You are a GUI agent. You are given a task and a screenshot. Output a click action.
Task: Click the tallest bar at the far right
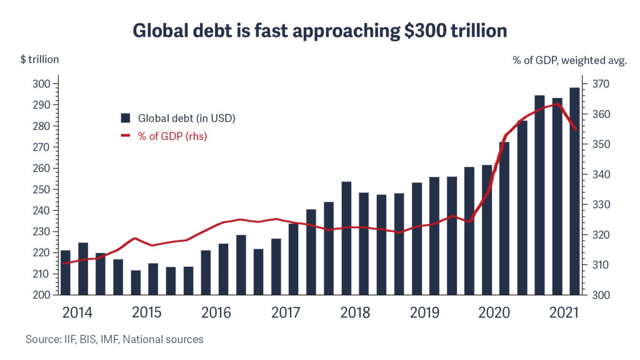[x=574, y=191]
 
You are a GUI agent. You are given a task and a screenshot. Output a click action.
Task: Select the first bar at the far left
[x=65, y=272]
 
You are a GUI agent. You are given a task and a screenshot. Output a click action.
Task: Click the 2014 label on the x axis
[x=77, y=312]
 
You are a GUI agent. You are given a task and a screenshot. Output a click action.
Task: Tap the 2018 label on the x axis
[x=356, y=312]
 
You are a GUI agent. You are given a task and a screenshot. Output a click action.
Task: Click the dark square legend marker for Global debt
[x=126, y=117]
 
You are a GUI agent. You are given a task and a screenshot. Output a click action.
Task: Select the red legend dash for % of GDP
[x=126, y=136]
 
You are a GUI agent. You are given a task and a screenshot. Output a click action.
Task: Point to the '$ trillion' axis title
[x=39, y=60]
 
